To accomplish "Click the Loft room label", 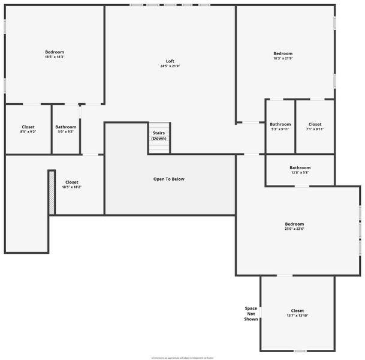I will click(170, 61).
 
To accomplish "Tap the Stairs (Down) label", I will click(159, 136).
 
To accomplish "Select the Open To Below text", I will click(169, 179).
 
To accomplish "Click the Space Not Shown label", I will click(251, 314).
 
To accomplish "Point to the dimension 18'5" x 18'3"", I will click(55, 57).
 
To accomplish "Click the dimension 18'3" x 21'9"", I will click(283, 58).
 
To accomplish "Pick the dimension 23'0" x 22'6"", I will click(294, 229).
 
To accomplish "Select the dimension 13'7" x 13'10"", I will click(297, 316).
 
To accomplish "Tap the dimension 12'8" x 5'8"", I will click(300, 173).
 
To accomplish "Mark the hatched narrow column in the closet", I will click(52, 192).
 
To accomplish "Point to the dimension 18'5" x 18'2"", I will click(71, 187).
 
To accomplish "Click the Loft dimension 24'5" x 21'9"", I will click(170, 66).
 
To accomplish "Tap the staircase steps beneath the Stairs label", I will click(159, 147).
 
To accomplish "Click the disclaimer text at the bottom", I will click(182, 358).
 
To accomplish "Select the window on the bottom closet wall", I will click(300, 351).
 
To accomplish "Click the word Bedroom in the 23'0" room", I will click(294, 224).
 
